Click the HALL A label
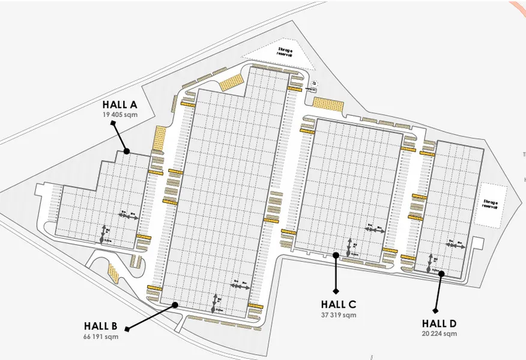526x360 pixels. pyautogui.click(x=120, y=105)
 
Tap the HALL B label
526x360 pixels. pyautogui.click(x=101, y=326)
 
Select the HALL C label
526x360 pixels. pyautogui.click(x=339, y=304)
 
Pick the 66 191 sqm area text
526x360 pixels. pyautogui.click(x=101, y=336)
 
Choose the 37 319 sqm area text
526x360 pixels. pyautogui.click(x=339, y=314)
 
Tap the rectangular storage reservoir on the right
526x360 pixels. pyautogui.click(x=490, y=205)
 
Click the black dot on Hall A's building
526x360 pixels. pyautogui.click(x=127, y=151)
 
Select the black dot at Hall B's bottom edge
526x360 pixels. pyautogui.click(x=175, y=305)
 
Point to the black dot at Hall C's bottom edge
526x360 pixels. pyautogui.click(x=336, y=255)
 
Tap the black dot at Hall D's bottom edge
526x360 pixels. pyautogui.click(x=441, y=274)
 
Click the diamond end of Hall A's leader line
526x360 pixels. pyautogui.click(x=113, y=123)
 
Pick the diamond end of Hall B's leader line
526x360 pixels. pyautogui.click(x=127, y=329)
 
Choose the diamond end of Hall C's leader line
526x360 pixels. pyautogui.click(x=336, y=292)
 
